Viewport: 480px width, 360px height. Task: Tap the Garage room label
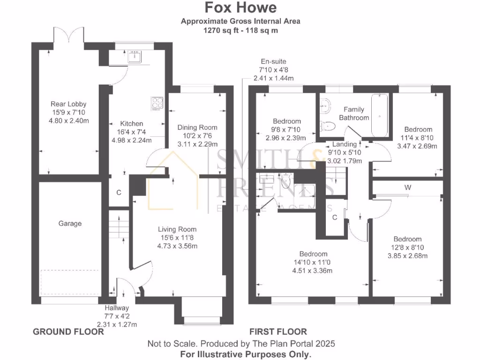point(70,224)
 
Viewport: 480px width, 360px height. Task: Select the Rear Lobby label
point(68,104)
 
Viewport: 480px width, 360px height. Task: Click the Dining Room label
point(197,127)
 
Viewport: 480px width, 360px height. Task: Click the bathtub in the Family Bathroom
point(379,115)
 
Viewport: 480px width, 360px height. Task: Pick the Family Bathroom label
point(354,113)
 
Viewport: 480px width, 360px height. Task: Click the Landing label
point(345,144)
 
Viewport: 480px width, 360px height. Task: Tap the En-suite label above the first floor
point(274,61)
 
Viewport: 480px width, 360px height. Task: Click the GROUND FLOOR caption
point(68,332)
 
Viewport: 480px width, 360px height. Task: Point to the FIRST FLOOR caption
point(278,332)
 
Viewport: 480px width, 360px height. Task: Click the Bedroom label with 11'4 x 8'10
point(418,129)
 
